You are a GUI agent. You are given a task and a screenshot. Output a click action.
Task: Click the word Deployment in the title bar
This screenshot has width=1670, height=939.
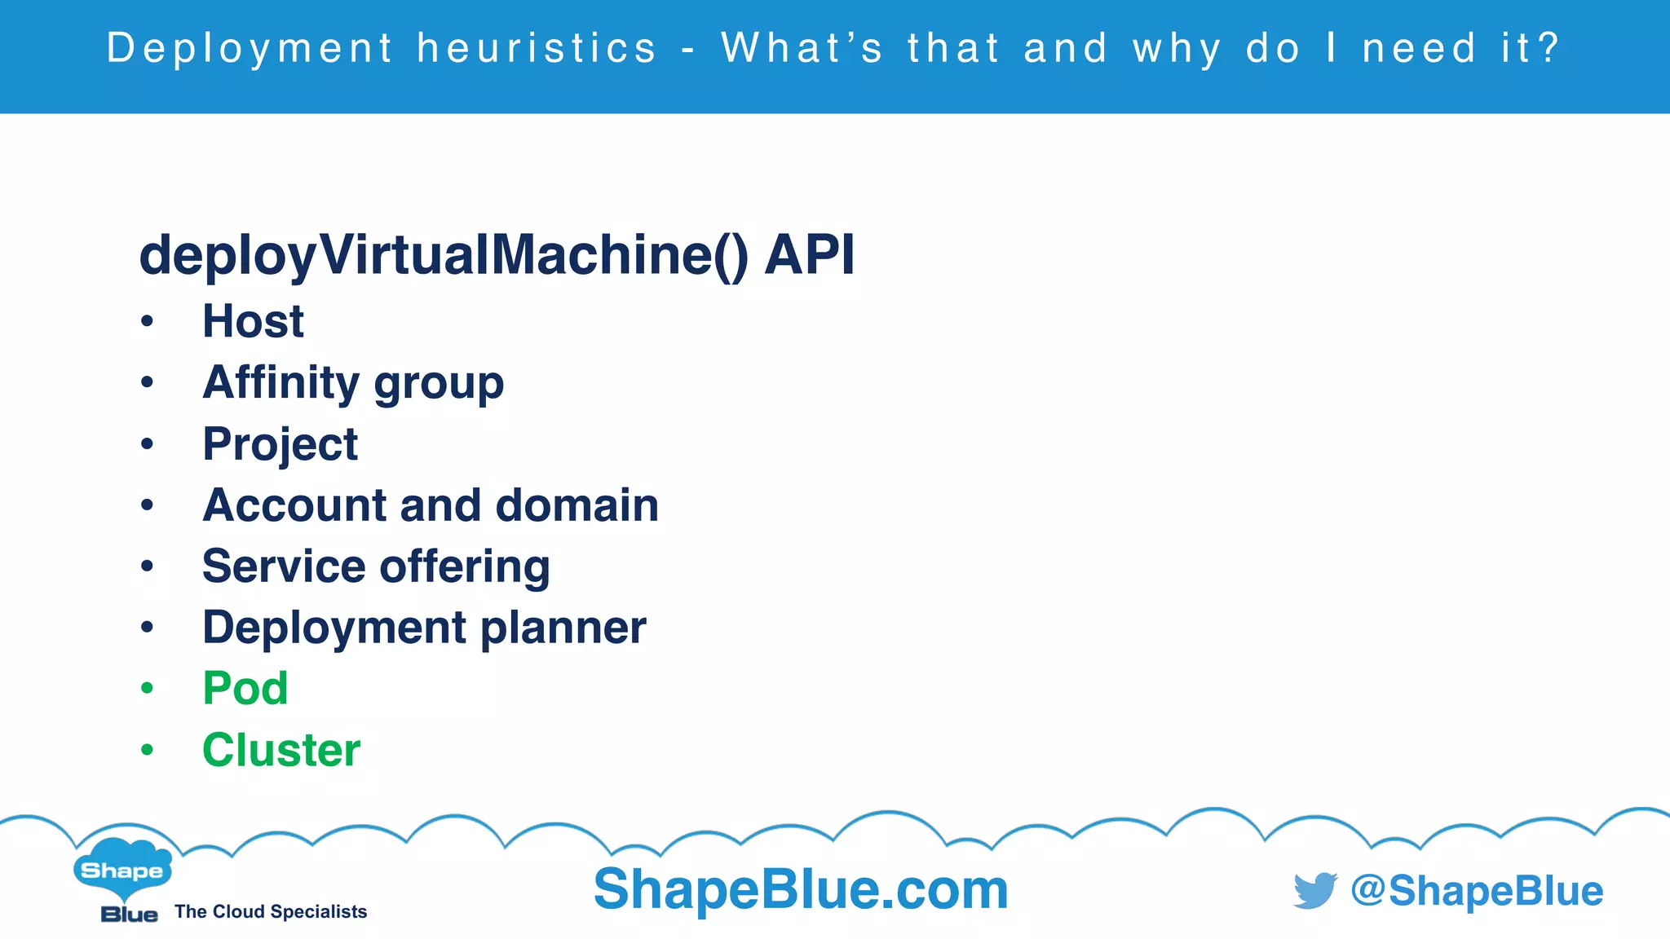pyautogui.click(x=250, y=48)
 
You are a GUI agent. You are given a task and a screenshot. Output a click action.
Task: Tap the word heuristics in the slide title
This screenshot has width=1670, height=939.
pyautogui.click(x=537, y=48)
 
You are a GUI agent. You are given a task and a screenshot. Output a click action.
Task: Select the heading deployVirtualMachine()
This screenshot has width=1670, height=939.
pyautogui.click(x=444, y=256)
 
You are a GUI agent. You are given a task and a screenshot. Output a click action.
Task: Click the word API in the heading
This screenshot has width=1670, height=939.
pyautogui.click(x=810, y=256)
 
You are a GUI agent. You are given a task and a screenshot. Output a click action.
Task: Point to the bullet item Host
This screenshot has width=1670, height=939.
pyautogui.click(x=253, y=321)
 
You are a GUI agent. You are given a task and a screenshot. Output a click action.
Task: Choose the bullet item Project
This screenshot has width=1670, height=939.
pyautogui.click(x=280, y=444)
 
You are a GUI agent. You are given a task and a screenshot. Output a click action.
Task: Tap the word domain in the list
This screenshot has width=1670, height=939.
pyautogui.click(x=577, y=505)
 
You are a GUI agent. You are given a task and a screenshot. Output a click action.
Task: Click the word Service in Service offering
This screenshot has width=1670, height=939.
pyautogui.click(x=283, y=566)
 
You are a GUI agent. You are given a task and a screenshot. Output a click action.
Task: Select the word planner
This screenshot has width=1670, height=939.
pyautogui.click(x=563, y=628)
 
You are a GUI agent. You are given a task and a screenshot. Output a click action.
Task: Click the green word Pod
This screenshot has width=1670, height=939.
pyautogui.click(x=245, y=689)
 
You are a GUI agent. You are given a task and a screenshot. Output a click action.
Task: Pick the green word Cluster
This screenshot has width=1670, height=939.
pyautogui.click(x=281, y=750)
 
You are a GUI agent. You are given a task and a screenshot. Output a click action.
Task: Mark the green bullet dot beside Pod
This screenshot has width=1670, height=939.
pyautogui.click(x=147, y=689)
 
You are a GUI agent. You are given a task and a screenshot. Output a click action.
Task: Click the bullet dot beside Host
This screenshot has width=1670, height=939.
pyautogui.click(x=147, y=321)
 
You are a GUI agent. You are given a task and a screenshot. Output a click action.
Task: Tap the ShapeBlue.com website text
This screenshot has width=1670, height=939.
pyautogui.click(x=801, y=889)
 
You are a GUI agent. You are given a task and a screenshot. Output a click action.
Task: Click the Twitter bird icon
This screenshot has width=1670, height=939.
pyautogui.click(x=1314, y=890)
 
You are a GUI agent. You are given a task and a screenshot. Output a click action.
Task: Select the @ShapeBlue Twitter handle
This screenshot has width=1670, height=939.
pyautogui.click(x=1477, y=890)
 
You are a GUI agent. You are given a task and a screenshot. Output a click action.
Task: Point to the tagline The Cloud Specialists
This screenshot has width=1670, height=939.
pyautogui.click(x=271, y=911)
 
